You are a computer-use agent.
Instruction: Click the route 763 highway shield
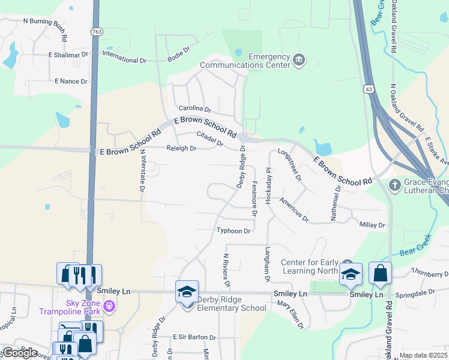coord(96,31)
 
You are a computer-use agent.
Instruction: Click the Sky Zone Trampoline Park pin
coord(109,306)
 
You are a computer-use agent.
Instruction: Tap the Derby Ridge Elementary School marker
coord(187,292)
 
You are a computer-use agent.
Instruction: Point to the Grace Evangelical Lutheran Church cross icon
coord(395,184)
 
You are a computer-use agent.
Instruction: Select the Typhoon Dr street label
coord(234,230)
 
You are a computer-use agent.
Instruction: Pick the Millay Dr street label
coord(372,224)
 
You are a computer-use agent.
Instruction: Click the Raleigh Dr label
coord(181,148)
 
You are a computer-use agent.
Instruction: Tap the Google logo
coord(20,353)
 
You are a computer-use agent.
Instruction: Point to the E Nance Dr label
coord(71,81)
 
